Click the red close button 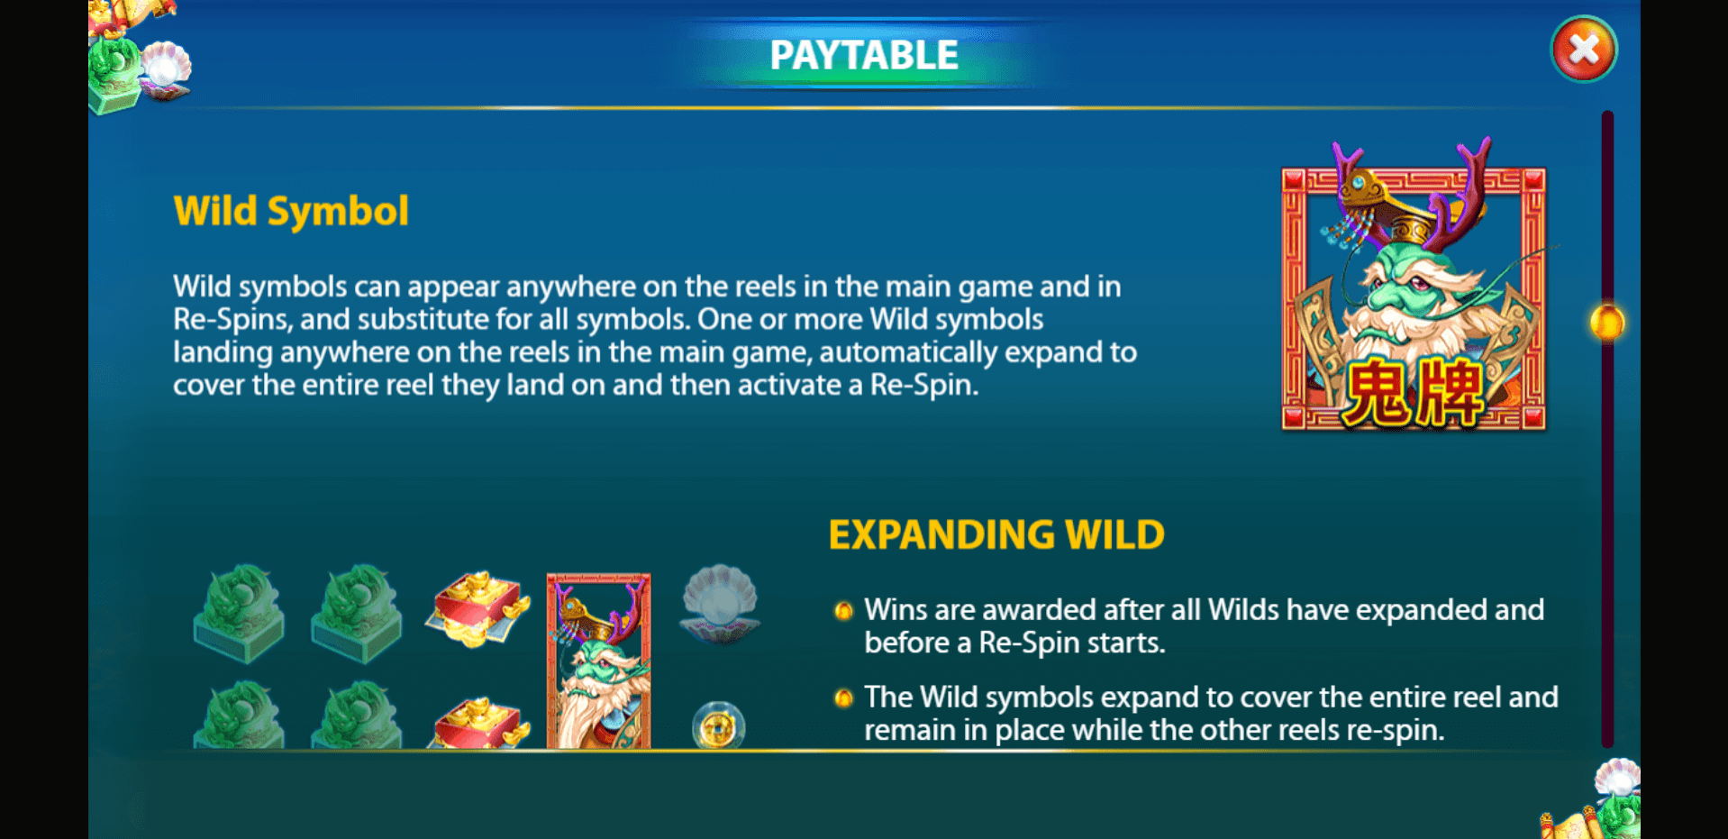pyautogui.click(x=1584, y=50)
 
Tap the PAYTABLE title pyautogui.click(x=864, y=55)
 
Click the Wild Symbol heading pyautogui.click(x=291, y=212)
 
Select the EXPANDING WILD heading pyautogui.click(x=996, y=534)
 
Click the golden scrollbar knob pyautogui.click(x=1606, y=323)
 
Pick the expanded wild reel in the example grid pyautogui.click(x=598, y=661)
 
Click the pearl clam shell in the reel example pyautogui.click(x=720, y=603)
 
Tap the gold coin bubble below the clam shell pyautogui.click(x=718, y=725)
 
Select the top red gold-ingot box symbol pyautogui.click(x=477, y=608)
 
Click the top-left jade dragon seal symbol pyautogui.click(x=239, y=613)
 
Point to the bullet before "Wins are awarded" pyautogui.click(x=843, y=611)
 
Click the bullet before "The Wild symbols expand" pyautogui.click(x=843, y=698)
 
